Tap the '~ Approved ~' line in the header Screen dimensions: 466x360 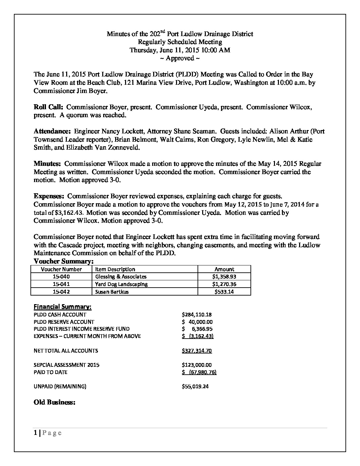pos(180,59)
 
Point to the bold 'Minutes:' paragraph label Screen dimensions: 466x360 pos(47,164)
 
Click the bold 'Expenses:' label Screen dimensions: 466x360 pos(49,196)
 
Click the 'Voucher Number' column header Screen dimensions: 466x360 pos(61,269)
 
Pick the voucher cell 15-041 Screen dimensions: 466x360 pos(61,284)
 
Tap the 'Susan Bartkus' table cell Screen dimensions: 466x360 pos(112,292)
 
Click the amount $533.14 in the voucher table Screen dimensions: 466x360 pos(225,292)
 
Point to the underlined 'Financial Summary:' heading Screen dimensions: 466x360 pos(63,307)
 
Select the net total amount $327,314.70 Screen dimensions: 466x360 pos(197,351)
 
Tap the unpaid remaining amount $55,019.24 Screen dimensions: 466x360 pos(195,387)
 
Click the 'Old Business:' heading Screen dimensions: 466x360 pos(55,403)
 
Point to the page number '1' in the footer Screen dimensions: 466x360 pos(35,433)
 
